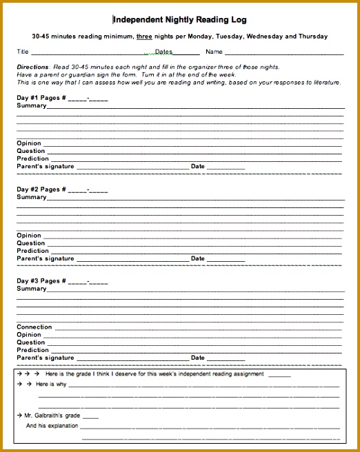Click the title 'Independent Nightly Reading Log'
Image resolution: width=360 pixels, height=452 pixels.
coord(179,20)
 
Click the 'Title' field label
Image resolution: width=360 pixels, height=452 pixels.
coord(23,52)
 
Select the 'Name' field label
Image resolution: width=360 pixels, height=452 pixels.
coord(214,52)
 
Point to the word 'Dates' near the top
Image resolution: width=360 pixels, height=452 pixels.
coord(163,52)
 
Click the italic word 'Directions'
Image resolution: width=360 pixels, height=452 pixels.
coord(32,67)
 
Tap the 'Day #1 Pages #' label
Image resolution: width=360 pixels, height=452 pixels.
coord(41,98)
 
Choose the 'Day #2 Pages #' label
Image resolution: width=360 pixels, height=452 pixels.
coord(41,189)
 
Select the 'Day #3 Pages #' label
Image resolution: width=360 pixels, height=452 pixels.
coord(41,281)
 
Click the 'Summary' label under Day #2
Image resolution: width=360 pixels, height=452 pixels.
coord(32,197)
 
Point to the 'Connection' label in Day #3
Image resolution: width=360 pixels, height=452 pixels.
coord(34,327)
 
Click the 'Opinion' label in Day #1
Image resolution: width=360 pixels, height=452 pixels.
coord(29,143)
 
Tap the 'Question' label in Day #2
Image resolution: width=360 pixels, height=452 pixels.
coord(31,243)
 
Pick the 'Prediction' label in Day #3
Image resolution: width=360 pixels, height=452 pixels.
coord(33,350)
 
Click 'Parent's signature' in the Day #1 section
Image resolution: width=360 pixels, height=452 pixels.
coord(46,166)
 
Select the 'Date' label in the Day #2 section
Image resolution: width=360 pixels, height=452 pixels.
coord(198,258)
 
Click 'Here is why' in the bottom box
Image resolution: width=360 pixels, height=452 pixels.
coord(51,384)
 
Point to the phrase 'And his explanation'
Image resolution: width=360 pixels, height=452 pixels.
coord(53,427)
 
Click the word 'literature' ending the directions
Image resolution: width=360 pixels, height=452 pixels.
coord(327,82)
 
